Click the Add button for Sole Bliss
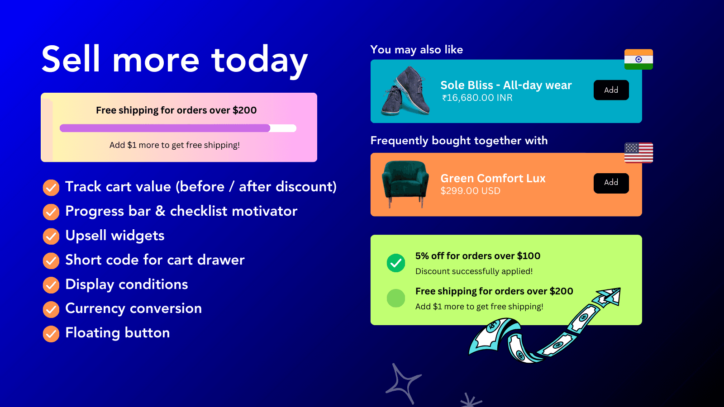611,90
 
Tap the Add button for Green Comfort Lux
611,183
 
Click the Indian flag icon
638,59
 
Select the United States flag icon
638,152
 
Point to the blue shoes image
405,91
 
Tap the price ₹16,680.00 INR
477,98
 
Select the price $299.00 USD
470,191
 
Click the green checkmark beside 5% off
396,263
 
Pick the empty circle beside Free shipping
396,298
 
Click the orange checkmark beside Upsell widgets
51,236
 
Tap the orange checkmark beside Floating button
51,334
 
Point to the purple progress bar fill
165,128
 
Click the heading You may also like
416,50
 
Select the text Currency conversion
133,308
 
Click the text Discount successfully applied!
474,271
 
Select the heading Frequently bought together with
459,141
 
